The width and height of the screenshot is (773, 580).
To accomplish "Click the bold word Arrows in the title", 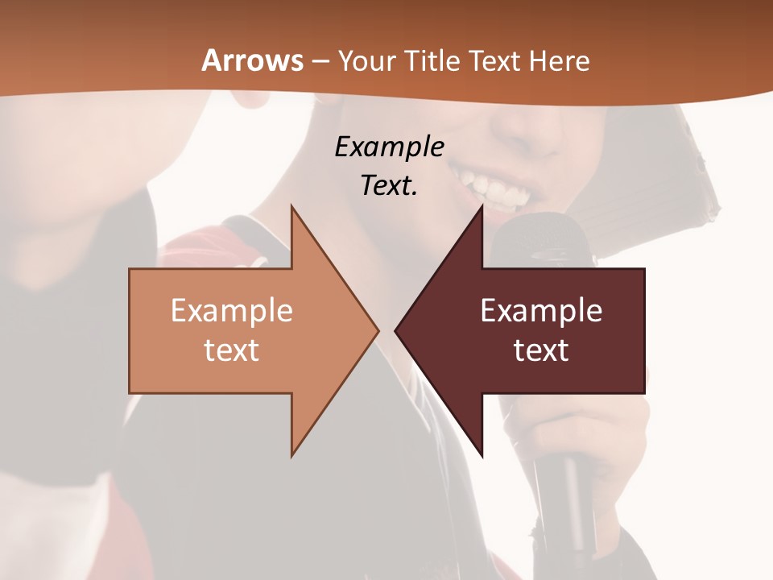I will click(x=252, y=60).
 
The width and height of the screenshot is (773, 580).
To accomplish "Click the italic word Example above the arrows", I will click(x=389, y=147).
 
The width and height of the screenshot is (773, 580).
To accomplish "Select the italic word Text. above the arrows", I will click(x=389, y=186).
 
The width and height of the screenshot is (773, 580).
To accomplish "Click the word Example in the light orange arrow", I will click(x=231, y=311).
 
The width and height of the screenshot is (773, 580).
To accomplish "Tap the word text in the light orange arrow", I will click(x=231, y=350).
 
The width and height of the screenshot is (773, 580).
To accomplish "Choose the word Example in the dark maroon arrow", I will click(x=541, y=311).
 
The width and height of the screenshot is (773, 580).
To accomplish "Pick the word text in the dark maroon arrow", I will click(x=541, y=350).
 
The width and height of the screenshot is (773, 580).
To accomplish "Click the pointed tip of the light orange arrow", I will click(x=378, y=330).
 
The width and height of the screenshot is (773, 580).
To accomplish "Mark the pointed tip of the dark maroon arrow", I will click(x=396, y=330).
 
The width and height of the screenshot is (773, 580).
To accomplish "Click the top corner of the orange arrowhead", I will click(x=292, y=207).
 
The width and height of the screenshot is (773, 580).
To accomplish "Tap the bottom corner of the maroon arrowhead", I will click(x=482, y=456).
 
